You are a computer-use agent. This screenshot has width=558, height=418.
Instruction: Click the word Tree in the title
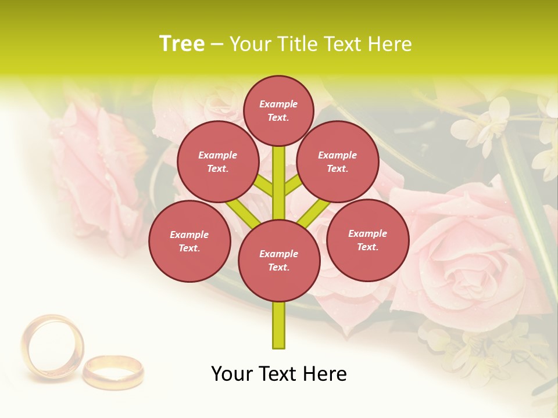(x=182, y=44)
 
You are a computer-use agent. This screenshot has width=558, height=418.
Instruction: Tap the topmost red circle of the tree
(x=278, y=110)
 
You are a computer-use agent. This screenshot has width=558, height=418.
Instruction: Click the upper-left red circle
(x=217, y=162)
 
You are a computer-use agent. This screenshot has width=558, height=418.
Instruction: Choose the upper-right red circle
(x=337, y=162)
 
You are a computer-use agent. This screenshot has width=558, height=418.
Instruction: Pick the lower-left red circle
(x=189, y=241)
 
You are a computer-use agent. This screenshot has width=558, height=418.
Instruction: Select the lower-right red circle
(x=367, y=240)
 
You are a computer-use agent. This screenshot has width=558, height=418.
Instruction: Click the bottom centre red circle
(x=279, y=261)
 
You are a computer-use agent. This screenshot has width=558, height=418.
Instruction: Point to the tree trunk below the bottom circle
(x=279, y=325)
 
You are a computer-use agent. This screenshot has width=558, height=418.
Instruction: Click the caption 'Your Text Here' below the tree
(x=279, y=374)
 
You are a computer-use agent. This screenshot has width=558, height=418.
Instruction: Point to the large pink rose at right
(x=465, y=255)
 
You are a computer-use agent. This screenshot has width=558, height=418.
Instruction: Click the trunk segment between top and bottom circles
(x=279, y=180)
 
